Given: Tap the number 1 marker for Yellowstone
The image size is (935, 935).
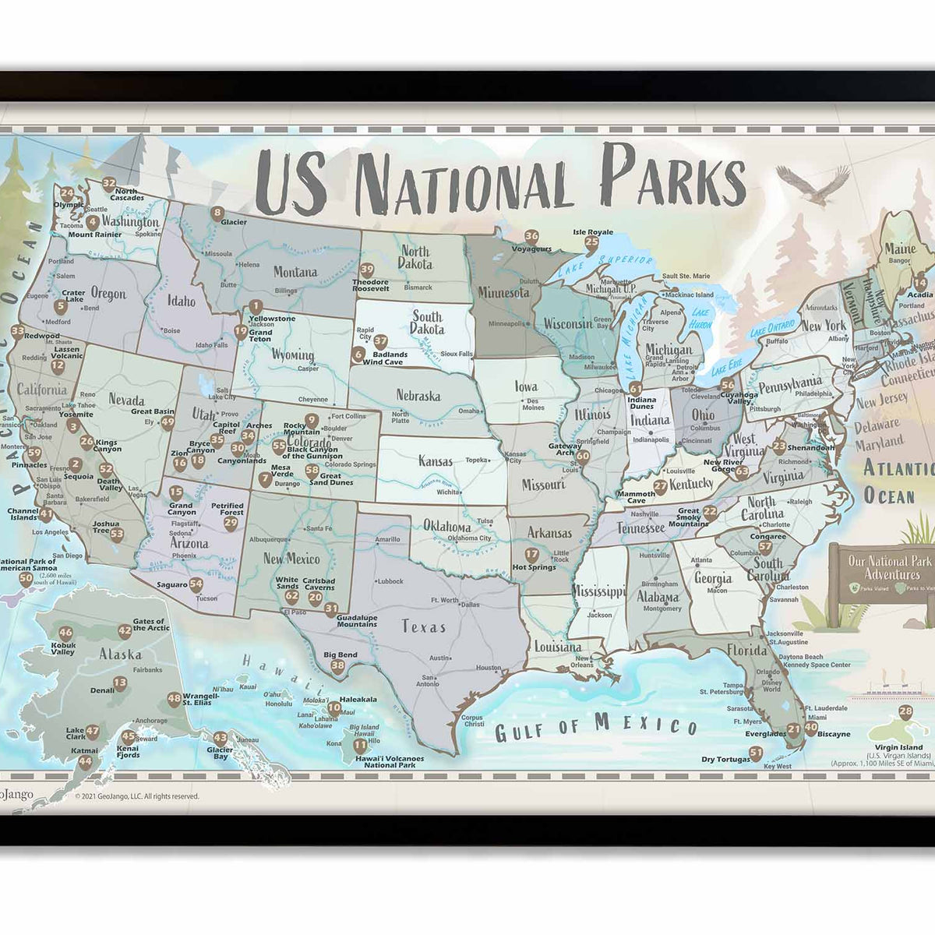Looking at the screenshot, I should pyautogui.click(x=255, y=307).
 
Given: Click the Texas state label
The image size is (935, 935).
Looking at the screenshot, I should pyautogui.click(x=424, y=626).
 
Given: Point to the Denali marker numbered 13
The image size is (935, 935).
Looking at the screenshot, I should pyautogui.click(x=120, y=683).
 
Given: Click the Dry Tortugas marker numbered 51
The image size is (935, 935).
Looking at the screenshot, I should pyautogui.click(x=755, y=753).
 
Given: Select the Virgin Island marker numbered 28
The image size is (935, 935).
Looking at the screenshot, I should pyautogui.click(x=905, y=711).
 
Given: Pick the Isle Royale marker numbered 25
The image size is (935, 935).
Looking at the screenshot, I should pyautogui.click(x=591, y=242).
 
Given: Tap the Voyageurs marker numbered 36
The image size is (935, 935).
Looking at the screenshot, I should pyautogui.click(x=531, y=236).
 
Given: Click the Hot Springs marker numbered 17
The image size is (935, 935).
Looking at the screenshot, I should pyautogui.click(x=531, y=555).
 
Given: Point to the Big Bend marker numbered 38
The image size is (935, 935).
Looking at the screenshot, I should pyautogui.click(x=337, y=665).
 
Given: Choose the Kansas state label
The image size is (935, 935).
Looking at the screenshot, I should pyautogui.click(x=436, y=460).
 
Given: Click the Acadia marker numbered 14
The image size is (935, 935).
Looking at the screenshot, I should pyautogui.click(x=920, y=284).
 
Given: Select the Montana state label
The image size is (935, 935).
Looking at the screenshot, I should pyautogui.click(x=295, y=272).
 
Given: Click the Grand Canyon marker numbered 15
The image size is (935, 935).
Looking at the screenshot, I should pyautogui.click(x=177, y=492).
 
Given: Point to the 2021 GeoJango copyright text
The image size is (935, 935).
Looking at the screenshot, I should pyautogui.click(x=136, y=796).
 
